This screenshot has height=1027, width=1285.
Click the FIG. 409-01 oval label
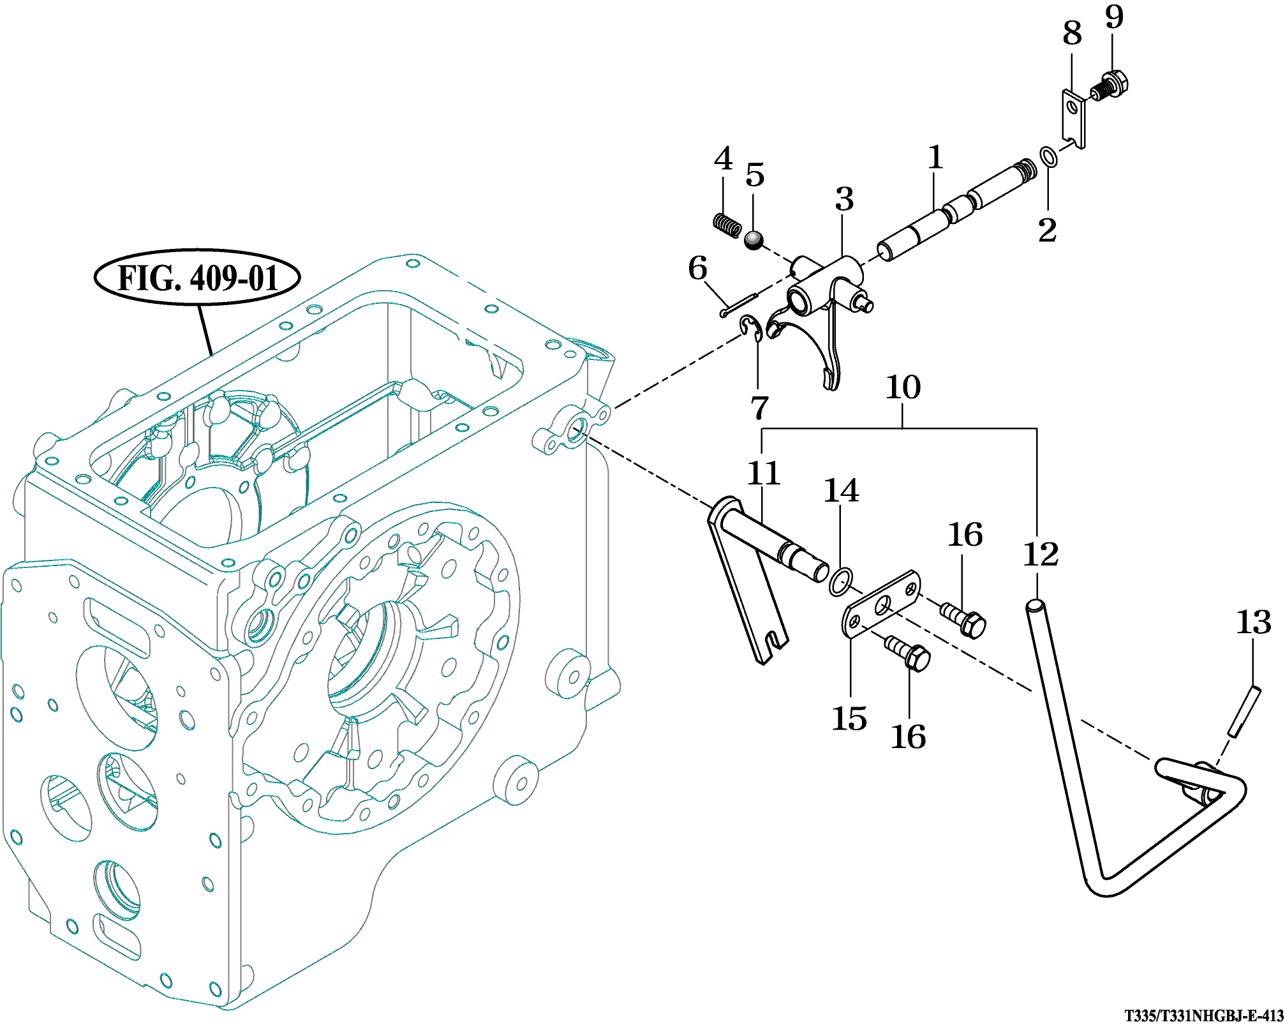[x=197, y=278]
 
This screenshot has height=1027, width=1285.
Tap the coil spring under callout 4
[x=727, y=224]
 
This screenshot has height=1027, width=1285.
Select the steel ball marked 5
[x=754, y=241]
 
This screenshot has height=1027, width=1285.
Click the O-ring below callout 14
[x=840, y=582]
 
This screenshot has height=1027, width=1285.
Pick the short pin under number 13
[x=1244, y=711]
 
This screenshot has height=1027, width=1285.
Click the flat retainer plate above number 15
[x=882, y=604]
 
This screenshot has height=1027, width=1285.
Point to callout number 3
[x=844, y=200]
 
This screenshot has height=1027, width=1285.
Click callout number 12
[x=1041, y=554]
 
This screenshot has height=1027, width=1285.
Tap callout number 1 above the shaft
[x=935, y=158]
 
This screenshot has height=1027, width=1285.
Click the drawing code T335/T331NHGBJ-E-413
[x=1203, y=1015]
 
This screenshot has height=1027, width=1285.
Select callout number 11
[x=764, y=474]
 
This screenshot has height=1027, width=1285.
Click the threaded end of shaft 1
[x=1025, y=169]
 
